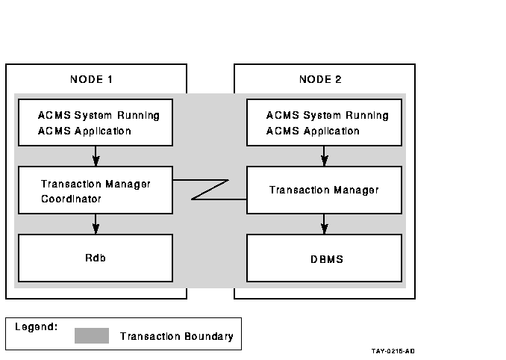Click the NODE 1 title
[91, 79]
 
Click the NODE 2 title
[320, 79]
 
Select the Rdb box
[96, 258]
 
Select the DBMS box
[325, 258]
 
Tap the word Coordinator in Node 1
[71, 199]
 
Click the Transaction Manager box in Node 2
[325, 190]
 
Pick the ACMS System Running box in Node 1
[96, 122]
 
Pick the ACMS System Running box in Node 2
[325, 122]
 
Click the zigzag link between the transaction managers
[210, 190]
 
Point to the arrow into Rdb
[96, 224]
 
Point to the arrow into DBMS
[325, 224]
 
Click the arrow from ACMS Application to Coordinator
[96, 156]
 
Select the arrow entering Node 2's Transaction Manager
[325, 156]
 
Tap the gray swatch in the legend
[92, 336]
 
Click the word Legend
[36, 327]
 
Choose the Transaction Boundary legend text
[177, 336]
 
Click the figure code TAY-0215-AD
[393, 351]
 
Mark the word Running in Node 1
[138, 116]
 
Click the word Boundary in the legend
[209, 336]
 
